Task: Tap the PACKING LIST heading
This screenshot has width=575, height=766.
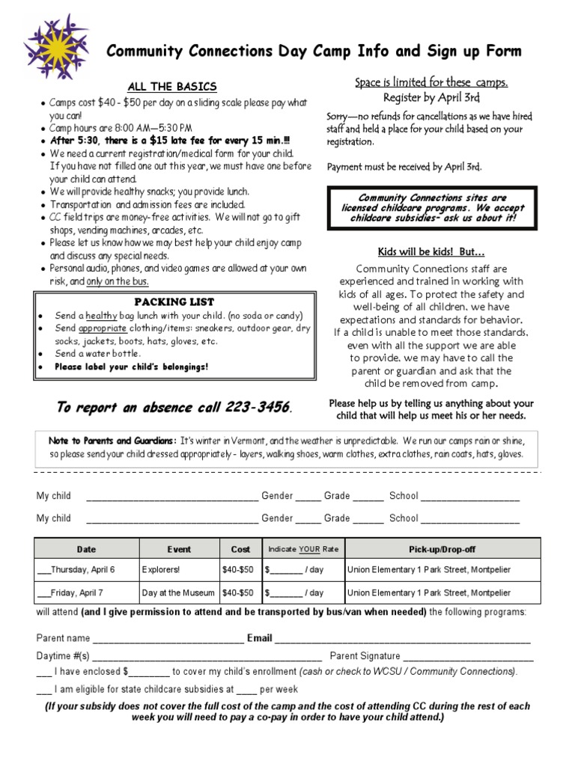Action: pyautogui.click(x=168, y=301)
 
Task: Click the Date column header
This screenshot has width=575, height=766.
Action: pyautogui.click(x=86, y=549)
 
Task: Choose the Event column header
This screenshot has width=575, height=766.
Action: pyautogui.click(x=179, y=549)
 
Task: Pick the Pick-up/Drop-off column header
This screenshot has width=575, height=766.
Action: pyautogui.click(x=442, y=549)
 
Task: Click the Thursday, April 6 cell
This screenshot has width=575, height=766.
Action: pyautogui.click(x=79, y=570)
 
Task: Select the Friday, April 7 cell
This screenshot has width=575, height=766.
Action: pyautogui.click(x=75, y=593)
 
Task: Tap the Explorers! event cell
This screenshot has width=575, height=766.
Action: pyautogui.click(x=161, y=570)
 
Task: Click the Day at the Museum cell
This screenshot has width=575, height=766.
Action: pyautogui.click(x=178, y=593)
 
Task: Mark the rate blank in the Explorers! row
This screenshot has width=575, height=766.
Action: pyautogui.click(x=285, y=571)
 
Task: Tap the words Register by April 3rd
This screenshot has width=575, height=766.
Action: pyautogui.click(x=431, y=97)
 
